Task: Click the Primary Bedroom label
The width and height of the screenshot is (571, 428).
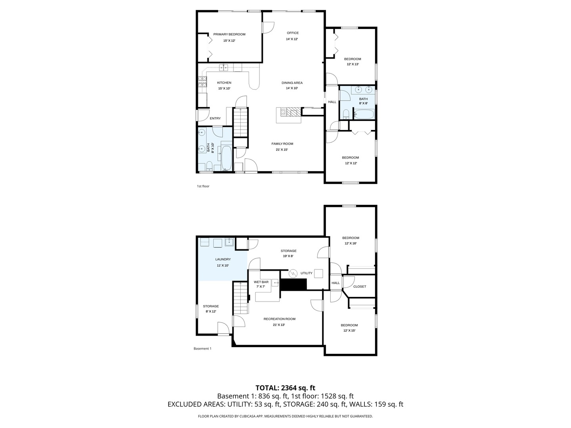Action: click(x=229, y=34)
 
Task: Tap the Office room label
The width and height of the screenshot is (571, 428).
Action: click(x=293, y=33)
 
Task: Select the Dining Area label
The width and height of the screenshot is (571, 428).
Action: click(x=292, y=83)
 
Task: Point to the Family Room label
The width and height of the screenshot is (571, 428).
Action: click(x=282, y=144)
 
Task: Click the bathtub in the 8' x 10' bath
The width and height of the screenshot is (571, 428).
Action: click(x=226, y=158)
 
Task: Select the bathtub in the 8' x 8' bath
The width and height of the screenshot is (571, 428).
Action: click(x=364, y=115)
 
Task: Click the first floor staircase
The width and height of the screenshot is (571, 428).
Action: click(x=240, y=122)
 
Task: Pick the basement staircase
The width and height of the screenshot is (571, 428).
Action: click(x=241, y=298)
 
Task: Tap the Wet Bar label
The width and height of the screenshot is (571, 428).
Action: click(x=261, y=282)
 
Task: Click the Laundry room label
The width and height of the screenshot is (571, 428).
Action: click(x=223, y=259)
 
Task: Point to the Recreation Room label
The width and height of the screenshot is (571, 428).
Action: click(x=280, y=319)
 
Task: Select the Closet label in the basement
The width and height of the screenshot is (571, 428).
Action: click(x=360, y=287)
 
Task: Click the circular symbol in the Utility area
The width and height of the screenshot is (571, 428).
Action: click(x=293, y=273)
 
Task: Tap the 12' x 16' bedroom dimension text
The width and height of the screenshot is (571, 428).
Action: click(x=351, y=243)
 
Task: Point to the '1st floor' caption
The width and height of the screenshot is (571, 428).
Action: click(x=203, y=186)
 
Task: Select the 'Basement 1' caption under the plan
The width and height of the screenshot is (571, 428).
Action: click(x=202, y=348)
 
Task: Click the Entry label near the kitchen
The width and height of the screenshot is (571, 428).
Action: click(x=215, y=118)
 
